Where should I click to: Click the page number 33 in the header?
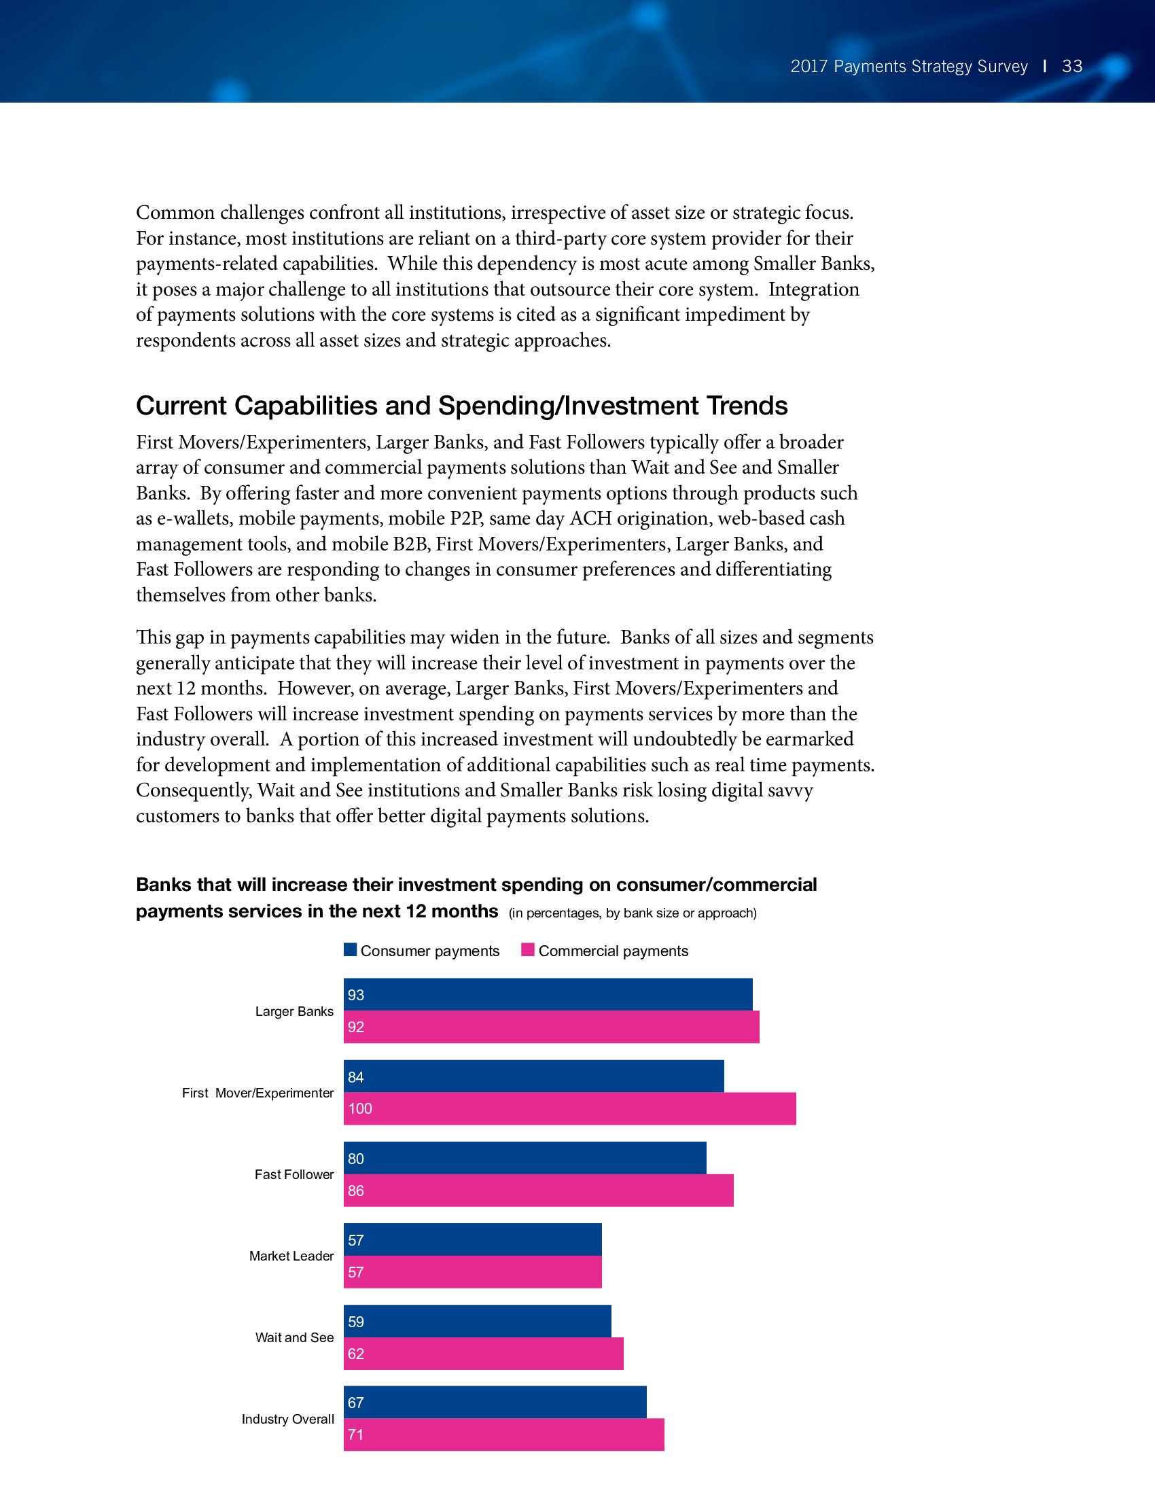[1071, 67]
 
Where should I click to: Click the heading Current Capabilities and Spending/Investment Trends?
[462, 406]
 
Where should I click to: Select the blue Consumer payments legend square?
[351, 950]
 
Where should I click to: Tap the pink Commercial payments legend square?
[527, 950]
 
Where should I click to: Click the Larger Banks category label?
[294, 1011]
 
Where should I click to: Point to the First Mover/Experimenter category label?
[258, 1093]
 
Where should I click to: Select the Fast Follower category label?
[294, 1174]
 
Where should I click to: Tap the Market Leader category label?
[291, 1255]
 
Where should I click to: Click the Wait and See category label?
[294, 1337]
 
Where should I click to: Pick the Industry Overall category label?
[287, 1418]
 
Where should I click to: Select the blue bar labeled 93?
[548, 995]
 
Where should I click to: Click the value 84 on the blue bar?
[356, 1077]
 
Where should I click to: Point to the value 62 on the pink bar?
[356, 1353]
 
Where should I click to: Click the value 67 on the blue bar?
[356, 1403]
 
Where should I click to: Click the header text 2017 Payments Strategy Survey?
[908, 67]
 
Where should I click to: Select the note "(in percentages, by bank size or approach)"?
[633, 913]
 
